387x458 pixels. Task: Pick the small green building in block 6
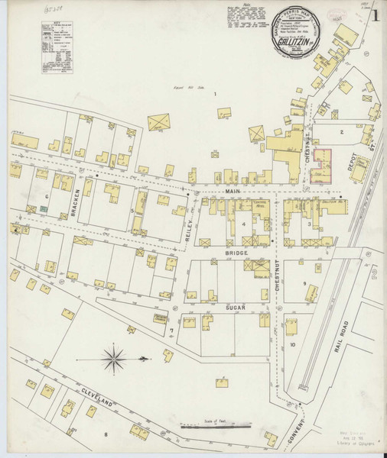pyautogui.click(x=31, y=208)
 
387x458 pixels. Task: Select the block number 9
pyautogui.click(x=304, y=285)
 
